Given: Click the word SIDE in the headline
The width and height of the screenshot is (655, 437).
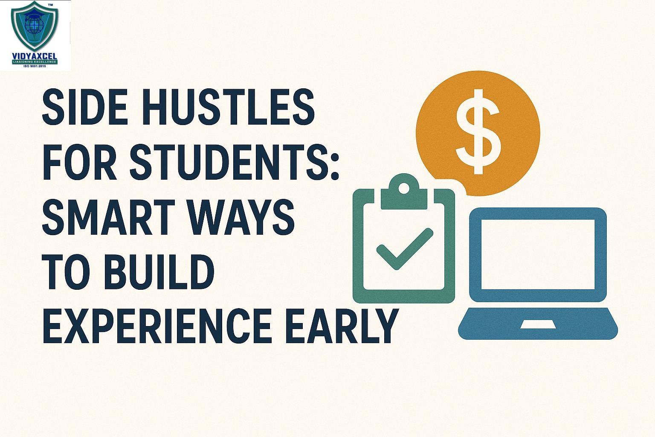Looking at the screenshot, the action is tap(85, 106).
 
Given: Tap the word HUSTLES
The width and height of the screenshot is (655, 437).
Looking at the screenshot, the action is tap(228, 106).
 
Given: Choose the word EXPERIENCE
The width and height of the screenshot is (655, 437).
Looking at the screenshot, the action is tap(157, 325).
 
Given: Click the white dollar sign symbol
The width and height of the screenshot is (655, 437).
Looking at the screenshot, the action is tap(478, 132).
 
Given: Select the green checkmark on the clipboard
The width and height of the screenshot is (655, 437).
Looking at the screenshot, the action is tap(404, 248).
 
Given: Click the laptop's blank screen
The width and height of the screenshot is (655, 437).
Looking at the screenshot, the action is tap(538, 254).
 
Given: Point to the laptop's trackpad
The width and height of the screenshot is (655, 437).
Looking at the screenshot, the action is tap(538, 324).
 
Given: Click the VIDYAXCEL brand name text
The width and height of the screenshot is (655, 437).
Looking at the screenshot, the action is tap(35, 56).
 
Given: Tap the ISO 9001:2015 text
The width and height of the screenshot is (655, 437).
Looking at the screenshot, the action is tap(35, 66).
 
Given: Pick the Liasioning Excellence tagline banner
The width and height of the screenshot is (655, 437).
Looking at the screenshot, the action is tap(35, 62).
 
